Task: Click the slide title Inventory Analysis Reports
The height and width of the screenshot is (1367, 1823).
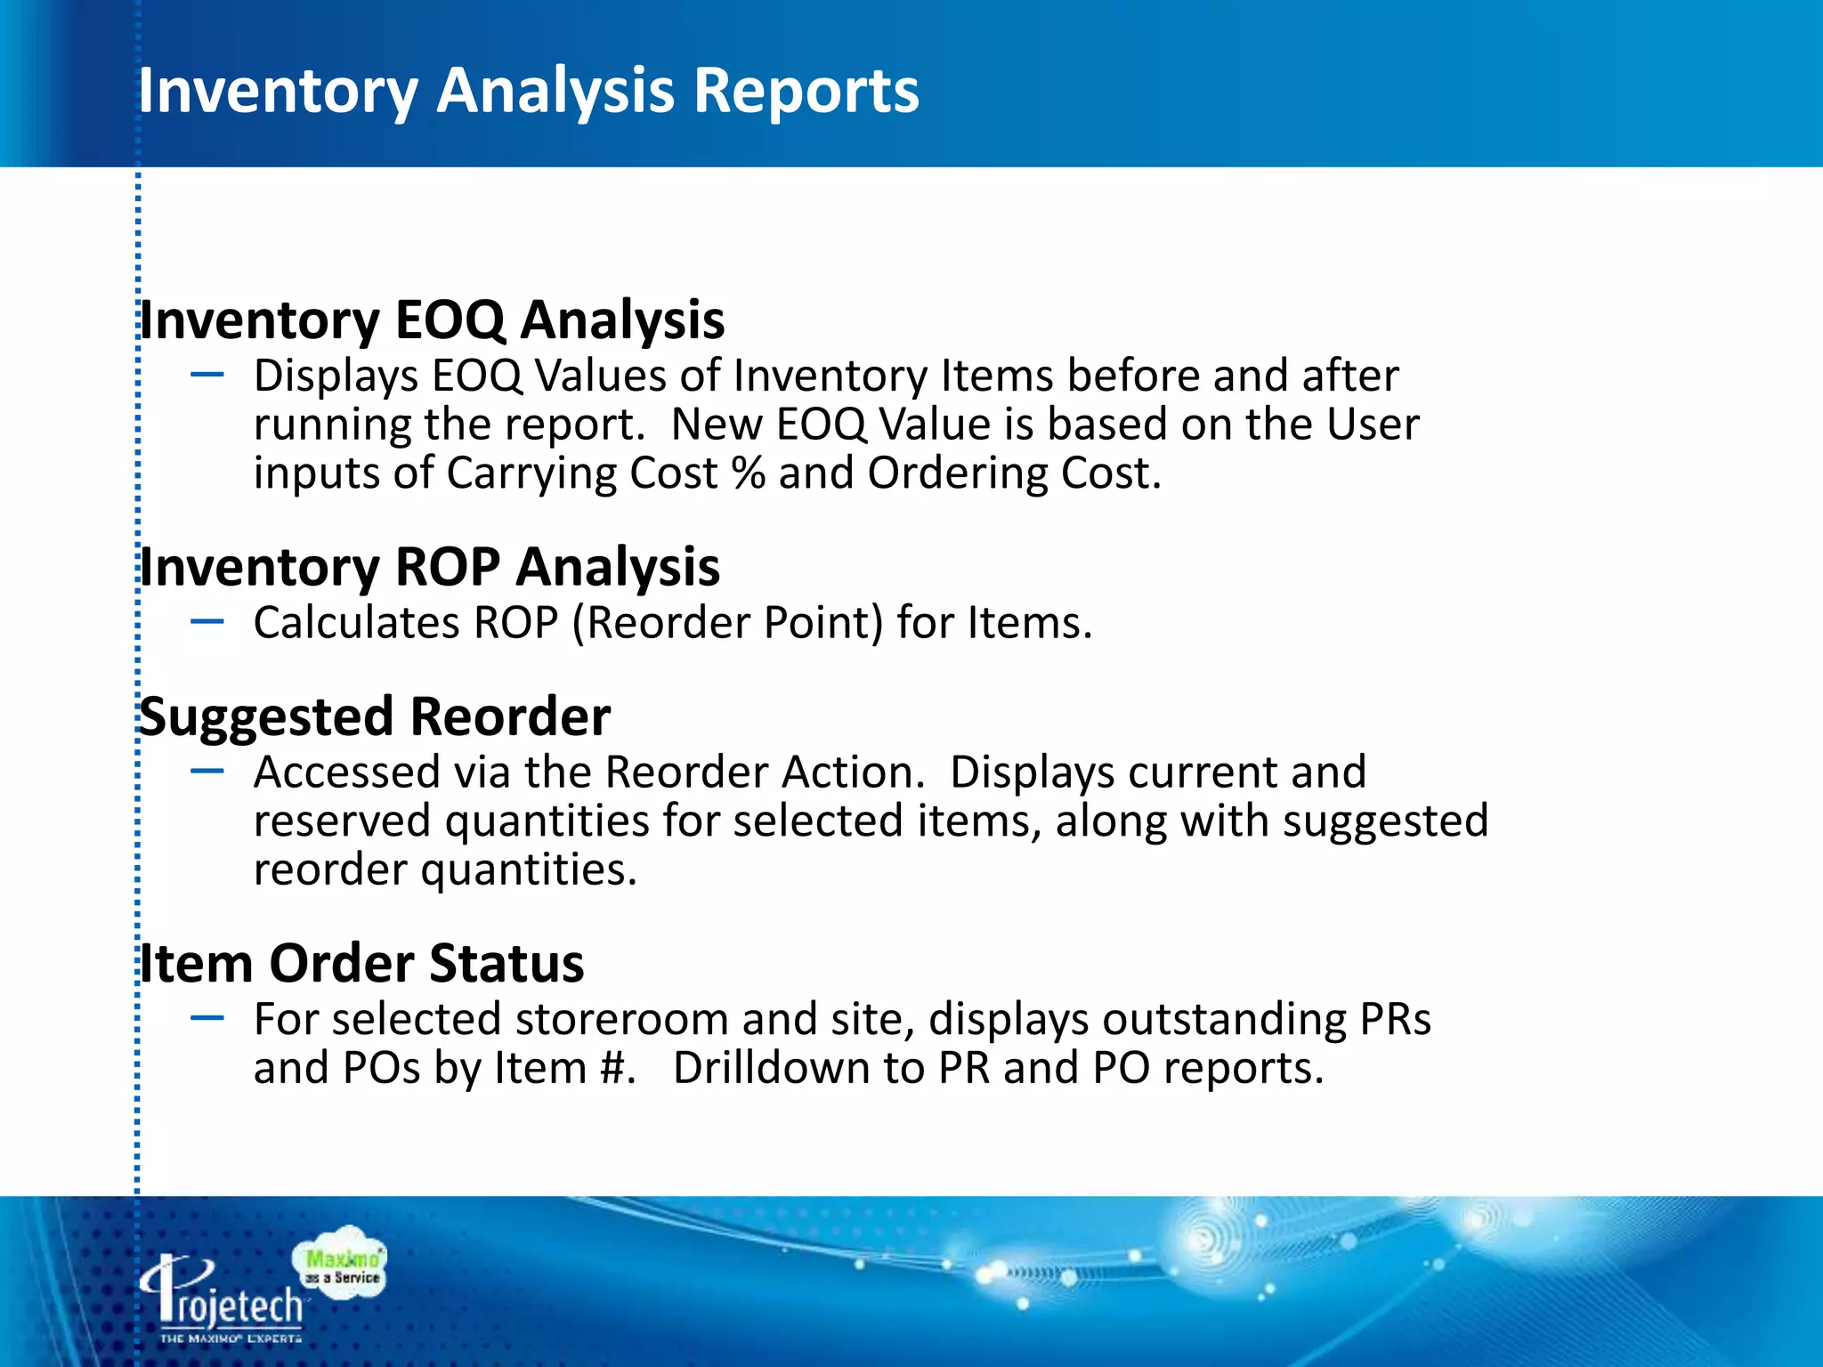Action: coord(528,91)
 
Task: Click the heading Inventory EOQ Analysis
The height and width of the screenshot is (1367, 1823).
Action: coord(433,320)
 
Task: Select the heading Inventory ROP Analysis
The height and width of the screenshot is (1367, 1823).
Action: coord(430,567)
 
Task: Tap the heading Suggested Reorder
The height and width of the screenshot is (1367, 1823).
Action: coord(375,716)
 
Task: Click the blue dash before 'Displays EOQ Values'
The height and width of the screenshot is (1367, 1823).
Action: coord(207,376)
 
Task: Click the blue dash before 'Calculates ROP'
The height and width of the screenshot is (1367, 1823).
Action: coord(207,622)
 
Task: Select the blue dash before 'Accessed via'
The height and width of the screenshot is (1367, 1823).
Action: coord(207,772)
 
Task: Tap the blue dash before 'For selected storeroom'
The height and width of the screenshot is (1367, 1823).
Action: coord(207,1018)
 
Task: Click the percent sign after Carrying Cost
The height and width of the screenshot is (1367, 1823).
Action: coord(748,473)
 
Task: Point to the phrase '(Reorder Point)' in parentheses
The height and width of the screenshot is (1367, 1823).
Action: coord(728,623)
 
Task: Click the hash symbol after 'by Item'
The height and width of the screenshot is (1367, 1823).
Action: coord(613,1068)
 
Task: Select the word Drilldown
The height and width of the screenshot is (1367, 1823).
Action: coord(771,1068)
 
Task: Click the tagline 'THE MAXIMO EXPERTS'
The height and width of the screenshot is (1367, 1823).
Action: coord(231,1339)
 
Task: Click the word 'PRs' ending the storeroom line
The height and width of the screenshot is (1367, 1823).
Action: coord(1395,1019)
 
